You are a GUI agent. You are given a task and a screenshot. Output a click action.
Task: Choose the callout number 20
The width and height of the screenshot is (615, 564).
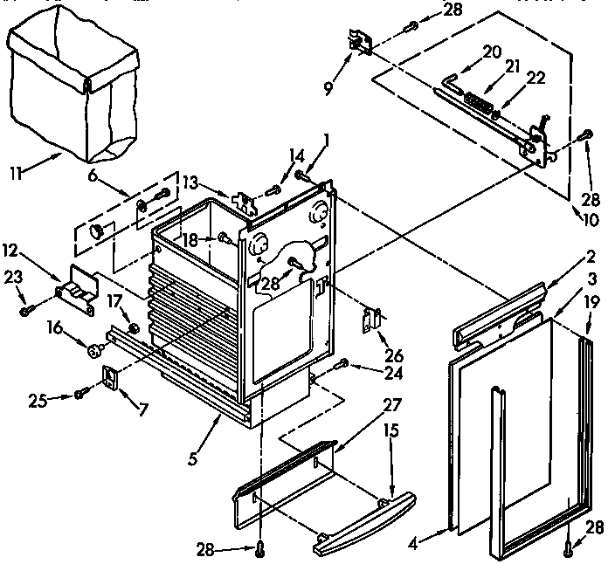point(492,52)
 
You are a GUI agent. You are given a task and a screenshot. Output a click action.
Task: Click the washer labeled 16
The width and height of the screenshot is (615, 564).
point(93,350)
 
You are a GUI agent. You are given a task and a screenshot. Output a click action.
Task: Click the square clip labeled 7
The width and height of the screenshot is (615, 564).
point(110,377)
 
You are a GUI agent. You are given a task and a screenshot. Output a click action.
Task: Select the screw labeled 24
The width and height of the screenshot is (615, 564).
point(342,362)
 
